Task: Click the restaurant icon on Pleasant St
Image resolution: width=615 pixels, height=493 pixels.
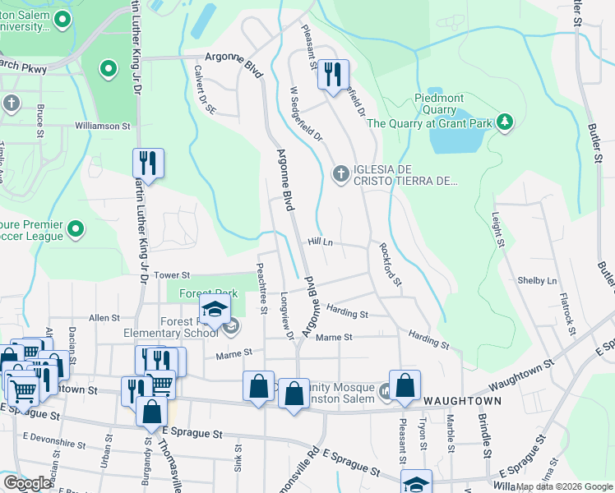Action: coord(333,75)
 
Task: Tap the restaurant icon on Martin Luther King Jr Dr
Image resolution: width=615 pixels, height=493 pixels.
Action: coord(148,162)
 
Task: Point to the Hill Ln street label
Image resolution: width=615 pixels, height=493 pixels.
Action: coord(320,242)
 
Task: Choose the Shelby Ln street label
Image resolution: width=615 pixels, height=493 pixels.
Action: coord(537,280)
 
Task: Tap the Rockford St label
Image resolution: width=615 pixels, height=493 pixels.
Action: coord(390,264)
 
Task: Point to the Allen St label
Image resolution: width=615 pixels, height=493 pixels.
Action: coord(104,317)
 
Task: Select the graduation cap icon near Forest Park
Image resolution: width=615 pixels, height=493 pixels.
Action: coord(214,311)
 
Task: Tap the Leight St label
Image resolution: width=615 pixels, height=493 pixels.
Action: coord(497,230)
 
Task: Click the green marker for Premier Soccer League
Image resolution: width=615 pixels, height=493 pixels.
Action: coord(76,229)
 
